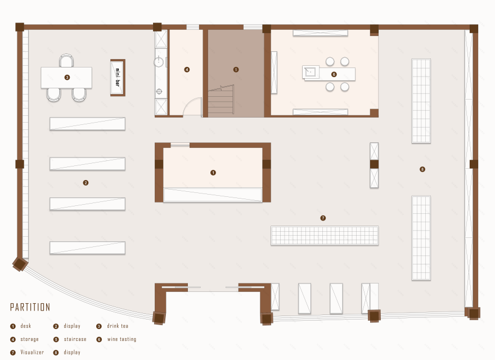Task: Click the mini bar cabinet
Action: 118,78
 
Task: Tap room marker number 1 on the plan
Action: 213,173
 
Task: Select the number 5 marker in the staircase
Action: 236,70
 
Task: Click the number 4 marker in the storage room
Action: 187,70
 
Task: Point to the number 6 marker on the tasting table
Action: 334,74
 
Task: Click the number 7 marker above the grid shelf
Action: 323,218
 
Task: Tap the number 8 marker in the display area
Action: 422,169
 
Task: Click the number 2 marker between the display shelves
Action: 85,182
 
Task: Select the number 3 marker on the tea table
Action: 67,78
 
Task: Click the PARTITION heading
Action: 30,307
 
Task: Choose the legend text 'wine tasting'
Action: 121,339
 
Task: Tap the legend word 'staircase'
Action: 75,339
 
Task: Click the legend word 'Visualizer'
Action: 32,352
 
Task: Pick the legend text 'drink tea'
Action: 118,326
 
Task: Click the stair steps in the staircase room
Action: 221,101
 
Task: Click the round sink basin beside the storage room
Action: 159,62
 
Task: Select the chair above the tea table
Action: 66,60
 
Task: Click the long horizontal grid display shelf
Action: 325,235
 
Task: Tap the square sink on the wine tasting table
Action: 310,72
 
